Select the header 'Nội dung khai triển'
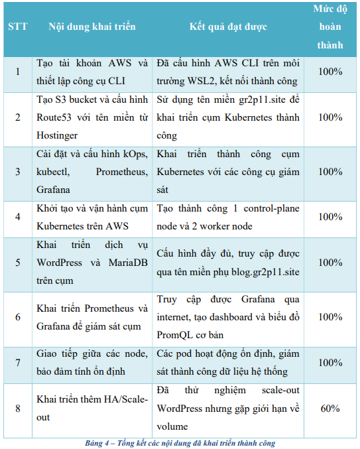(x=92, y=27)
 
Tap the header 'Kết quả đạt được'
(x=228, y=27)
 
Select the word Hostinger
(x=58, y=135)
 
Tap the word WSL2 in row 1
(x=197, y=82)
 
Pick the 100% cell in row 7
(x=330, y=362)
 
